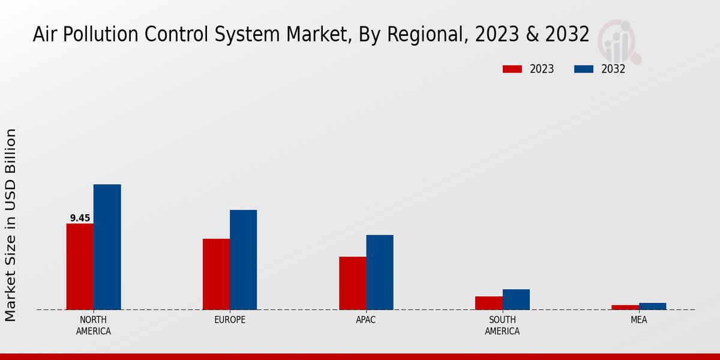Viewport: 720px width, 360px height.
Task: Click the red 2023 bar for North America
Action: pos(80,266)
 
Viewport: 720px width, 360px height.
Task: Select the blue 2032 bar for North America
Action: pos(107,247)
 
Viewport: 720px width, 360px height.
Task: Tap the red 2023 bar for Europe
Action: pos(216,274)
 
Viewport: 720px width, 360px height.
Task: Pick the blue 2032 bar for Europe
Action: pos(243,260)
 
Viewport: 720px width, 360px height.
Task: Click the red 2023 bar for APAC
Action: pos(352,283)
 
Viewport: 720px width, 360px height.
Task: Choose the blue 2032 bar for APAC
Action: pos(380,272)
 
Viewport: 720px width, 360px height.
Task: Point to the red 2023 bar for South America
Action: pos(488,303)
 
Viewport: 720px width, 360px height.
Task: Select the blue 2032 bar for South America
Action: pos(516,299)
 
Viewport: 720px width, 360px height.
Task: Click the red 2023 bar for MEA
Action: pos(625,307)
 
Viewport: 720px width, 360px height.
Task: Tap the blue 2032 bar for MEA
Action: pos(652,306)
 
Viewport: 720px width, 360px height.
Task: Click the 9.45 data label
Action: pos(80,218)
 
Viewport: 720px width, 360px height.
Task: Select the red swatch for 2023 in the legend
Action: pos(512,69)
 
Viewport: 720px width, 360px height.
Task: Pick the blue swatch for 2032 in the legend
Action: pos(583,69)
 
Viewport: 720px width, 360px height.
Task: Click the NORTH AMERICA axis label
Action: pos(93,325)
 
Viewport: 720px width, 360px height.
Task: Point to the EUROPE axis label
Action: pos(230,320)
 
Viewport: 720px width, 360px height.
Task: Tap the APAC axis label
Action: pos(366,320)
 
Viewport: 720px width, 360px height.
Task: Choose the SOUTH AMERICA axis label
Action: pos(502,325)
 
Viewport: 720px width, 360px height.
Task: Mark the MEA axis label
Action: pos(638,320)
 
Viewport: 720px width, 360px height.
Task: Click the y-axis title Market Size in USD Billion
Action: pos(11,225)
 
